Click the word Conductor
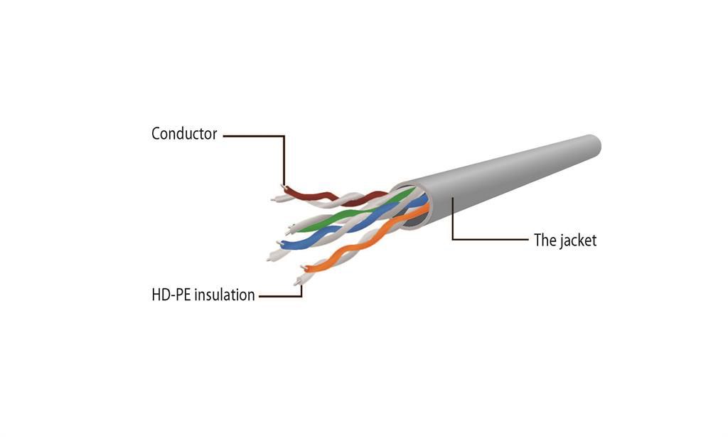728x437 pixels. tap(184, 133)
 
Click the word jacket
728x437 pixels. tap(577, 240)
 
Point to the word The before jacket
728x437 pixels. tap(545, 240)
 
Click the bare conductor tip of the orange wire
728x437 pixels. tap(304, 268)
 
